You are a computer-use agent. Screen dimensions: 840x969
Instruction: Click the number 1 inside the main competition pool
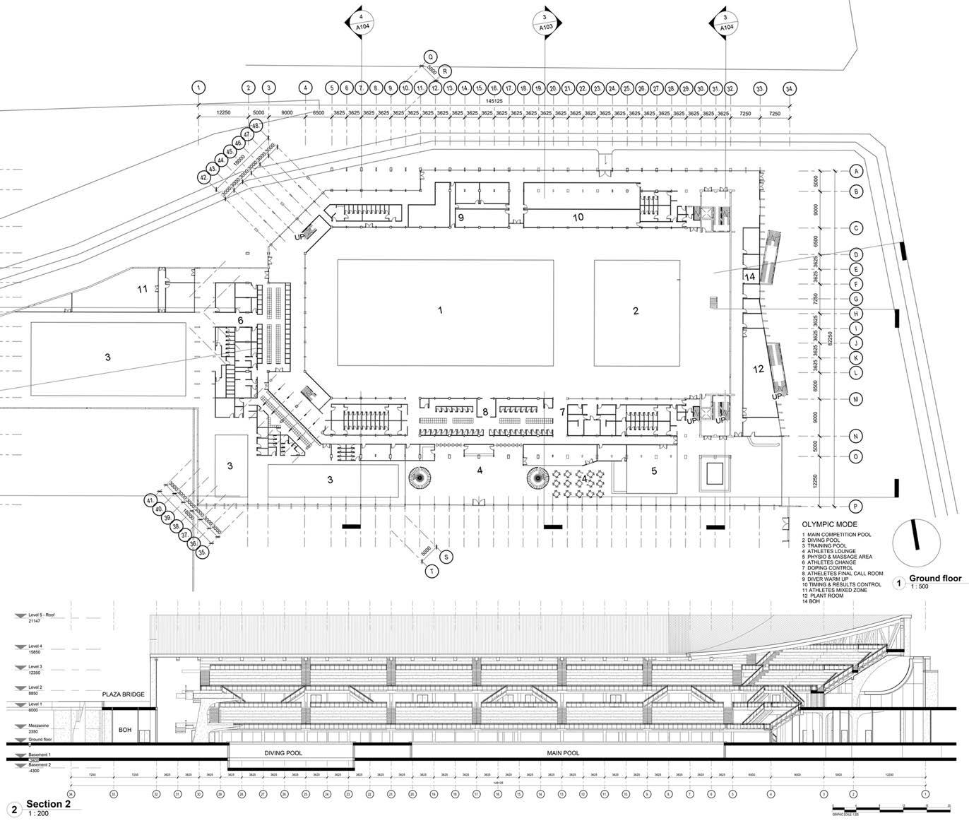[x=440, y=310]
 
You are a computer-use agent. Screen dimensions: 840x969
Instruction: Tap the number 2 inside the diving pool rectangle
[x=635, y=311]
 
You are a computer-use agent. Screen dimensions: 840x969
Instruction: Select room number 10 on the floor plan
[x=578, y=217]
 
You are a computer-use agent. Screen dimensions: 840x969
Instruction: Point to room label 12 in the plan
[x=759, y=369]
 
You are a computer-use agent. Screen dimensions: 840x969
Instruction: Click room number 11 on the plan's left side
[x=143, y=289]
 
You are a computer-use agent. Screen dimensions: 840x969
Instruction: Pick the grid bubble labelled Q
[x=429, y=57]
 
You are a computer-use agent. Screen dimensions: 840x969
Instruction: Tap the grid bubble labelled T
[x=431, y=571]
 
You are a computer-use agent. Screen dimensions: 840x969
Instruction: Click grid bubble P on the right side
[x=856, y=506]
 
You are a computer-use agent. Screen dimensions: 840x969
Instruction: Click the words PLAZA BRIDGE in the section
[x=124, y=694]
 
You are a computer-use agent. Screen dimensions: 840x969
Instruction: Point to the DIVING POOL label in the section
[x=284, y=753]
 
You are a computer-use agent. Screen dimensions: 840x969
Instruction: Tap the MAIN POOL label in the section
[x=563, y=753]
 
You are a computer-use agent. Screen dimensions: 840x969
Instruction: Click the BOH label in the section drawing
[x=125, y=730]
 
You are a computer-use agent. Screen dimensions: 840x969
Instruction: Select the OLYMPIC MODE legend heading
[x=829, y=525]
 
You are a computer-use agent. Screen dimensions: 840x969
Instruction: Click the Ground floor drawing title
[x=934, y=579]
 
